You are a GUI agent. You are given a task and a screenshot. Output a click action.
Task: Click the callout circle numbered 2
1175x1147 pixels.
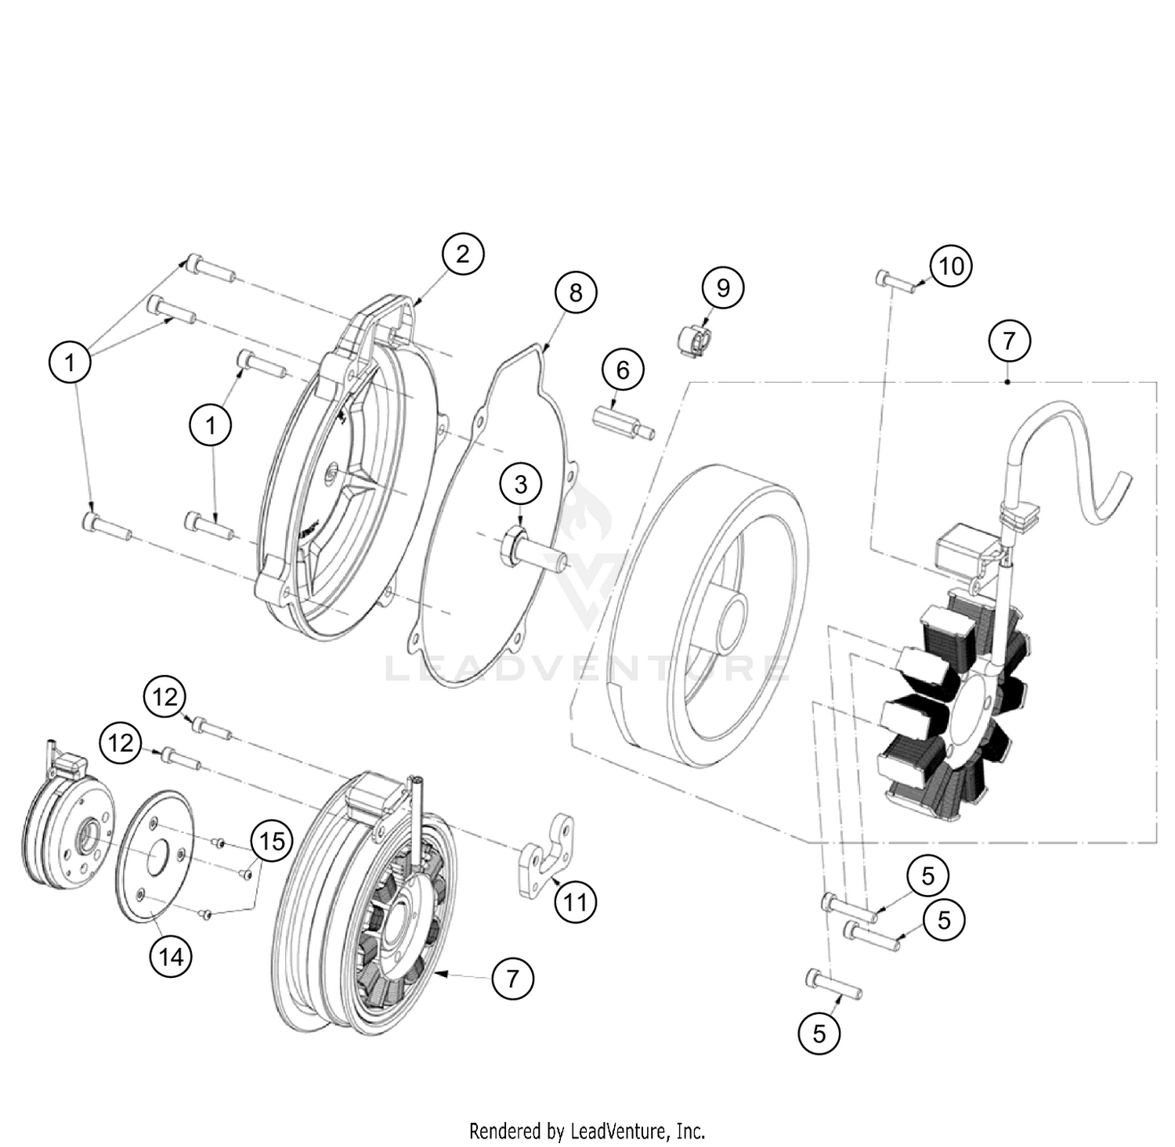(x=462, y=254)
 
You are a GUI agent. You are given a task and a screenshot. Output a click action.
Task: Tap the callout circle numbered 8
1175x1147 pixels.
(x=576, y=292)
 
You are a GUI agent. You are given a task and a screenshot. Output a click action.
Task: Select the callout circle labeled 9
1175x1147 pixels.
(x=722, y=287)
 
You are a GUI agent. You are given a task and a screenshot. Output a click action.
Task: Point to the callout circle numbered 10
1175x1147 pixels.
(x=951, y=266)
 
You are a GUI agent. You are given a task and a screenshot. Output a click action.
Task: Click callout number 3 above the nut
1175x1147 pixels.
(x=521, y=485)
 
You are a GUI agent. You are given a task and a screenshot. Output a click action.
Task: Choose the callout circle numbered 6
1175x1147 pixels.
(x=623, y=370)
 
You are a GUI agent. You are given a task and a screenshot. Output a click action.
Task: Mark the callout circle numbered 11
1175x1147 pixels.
(x=575, y=902)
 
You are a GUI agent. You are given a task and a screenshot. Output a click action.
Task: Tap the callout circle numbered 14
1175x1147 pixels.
(x=171, y=956)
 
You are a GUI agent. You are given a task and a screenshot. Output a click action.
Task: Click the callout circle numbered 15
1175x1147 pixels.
(x=272, y=842)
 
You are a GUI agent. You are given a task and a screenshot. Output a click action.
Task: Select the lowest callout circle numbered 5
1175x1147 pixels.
(x=819, y=1033)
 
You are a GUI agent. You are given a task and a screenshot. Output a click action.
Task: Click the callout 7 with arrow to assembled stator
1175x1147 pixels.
(x=512, y=978)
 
